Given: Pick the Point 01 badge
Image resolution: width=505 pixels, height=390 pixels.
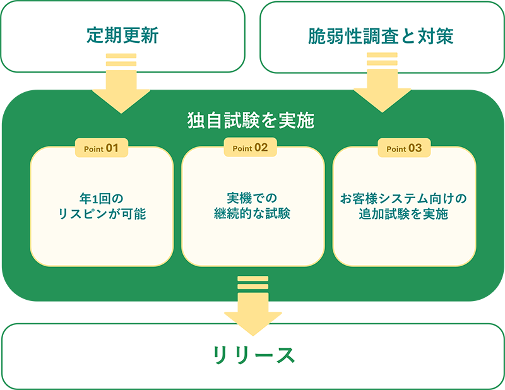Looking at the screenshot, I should (x=101, y=148).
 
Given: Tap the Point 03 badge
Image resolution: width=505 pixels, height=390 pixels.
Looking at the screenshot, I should (x=403, y=148).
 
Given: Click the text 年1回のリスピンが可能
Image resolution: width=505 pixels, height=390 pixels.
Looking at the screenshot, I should (x=101, y=206).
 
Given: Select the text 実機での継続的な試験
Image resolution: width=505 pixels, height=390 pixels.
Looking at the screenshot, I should (x=252, y=206).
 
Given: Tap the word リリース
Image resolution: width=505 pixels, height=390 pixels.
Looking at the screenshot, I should (x=253, y=355).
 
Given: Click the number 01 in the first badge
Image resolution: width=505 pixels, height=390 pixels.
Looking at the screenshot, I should (x=112, y=148).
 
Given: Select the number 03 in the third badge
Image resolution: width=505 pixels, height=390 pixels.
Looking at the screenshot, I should (x=415, y=148).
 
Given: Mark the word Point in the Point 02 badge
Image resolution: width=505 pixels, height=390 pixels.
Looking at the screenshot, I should (x=242, y=149).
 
